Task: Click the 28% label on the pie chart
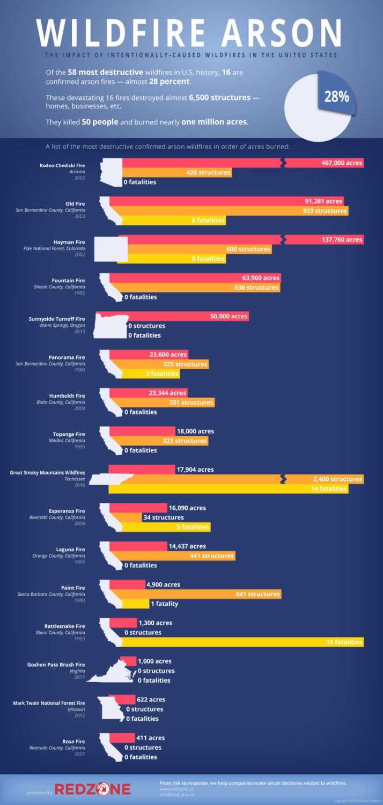pos(336,97)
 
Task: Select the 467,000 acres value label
pos(342,163)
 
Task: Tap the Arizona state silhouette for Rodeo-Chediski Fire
pos(112,172)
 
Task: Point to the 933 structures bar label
pos(323,211)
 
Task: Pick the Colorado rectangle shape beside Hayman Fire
pos(111,249)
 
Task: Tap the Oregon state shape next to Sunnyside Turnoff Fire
pos(111,326)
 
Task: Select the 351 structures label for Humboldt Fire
pos(191,402)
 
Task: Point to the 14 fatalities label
pos(329,489)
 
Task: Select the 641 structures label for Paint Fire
pos(257,594)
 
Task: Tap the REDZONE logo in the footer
pos(93,789)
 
